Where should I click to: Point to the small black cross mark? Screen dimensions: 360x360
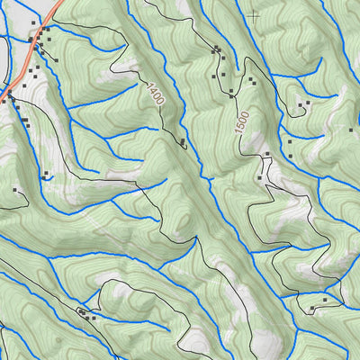pos(253,14)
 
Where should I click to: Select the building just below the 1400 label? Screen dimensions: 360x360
pos(183,142)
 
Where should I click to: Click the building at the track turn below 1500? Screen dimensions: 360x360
pos(267,155)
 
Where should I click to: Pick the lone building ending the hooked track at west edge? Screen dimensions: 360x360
pos(15,190)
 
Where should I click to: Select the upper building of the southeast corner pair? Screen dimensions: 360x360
pos(325,297)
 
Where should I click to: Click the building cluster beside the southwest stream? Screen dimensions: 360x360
pos(86,312)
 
